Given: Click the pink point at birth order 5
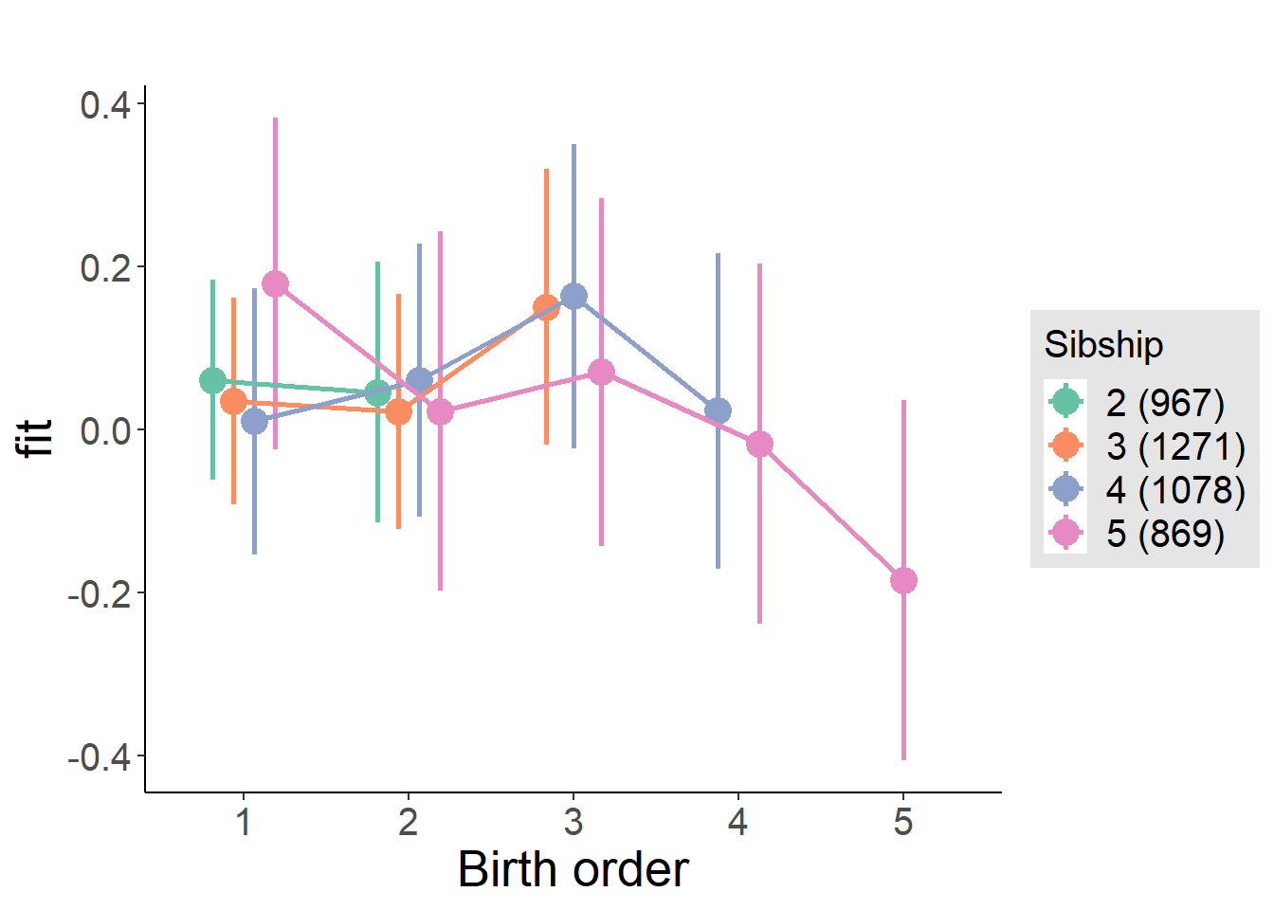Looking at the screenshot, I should point(903,580).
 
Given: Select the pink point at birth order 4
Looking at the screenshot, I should point(759,445).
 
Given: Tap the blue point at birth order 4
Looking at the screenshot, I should point(718,411).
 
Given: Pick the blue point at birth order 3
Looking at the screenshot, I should point(573,297).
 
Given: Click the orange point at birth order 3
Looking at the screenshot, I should point(546,307).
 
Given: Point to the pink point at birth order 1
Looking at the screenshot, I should point(275,284).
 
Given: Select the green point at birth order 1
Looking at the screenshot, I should point(213,381).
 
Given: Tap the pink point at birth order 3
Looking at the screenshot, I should point(601,373).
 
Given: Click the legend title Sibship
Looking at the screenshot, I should point(1103,344).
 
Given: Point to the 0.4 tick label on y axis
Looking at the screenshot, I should point(105,104).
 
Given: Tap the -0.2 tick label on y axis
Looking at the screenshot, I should point(100,593).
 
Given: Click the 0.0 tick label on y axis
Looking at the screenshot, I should point(105,430).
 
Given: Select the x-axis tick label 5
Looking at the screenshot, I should point(903,822).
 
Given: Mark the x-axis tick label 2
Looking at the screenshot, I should point(409,822).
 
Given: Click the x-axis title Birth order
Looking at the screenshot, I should point(573,869).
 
